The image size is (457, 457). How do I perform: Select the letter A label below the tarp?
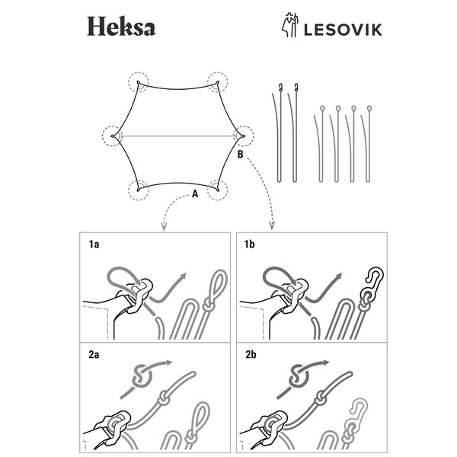[195, 194]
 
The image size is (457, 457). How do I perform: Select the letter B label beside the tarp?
[241, 155]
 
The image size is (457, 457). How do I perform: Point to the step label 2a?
[94, 355]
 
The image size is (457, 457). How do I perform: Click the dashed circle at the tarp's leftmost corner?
[113, 136]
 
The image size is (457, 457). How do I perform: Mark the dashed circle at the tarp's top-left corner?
[139, 82]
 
